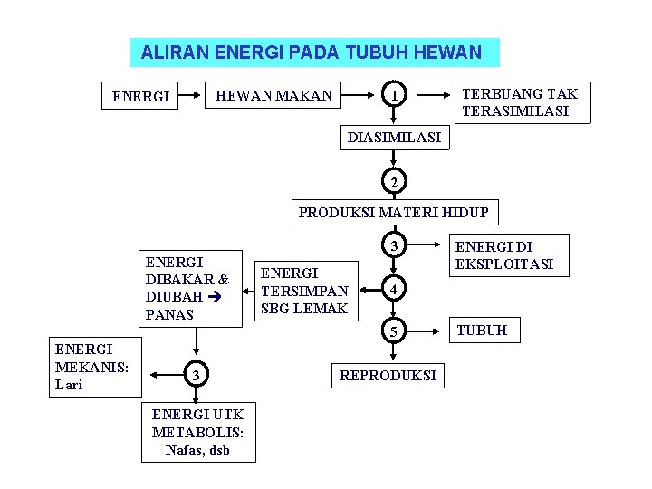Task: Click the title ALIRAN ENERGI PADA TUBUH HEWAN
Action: pos(314,53)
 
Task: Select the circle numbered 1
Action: pos(393,95)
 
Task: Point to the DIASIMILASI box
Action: pos(394,138)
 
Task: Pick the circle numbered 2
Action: pos(393,183)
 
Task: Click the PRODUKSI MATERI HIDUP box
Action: pos(393,213)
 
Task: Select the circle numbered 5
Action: pos(393,331)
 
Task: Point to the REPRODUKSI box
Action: pos(388,375)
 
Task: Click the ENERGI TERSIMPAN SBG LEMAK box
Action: pos(303,291)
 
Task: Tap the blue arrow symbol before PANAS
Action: pos(215,296)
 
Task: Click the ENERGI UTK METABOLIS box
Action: pos(197,431)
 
